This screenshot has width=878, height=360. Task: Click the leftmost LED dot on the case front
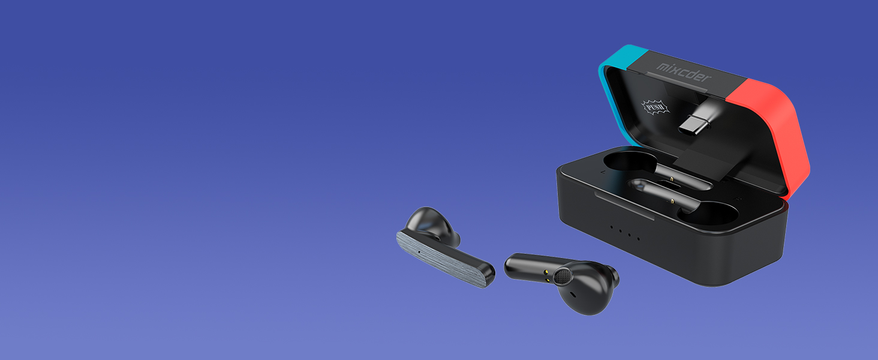[x=611, y=227]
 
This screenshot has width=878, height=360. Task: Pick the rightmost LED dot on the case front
[x=638, y=239]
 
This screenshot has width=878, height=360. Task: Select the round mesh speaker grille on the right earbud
[x=563, y=276]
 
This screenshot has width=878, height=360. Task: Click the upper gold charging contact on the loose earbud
[x=547, y=271]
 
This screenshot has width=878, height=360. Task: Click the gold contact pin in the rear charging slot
[x=671, y=179]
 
